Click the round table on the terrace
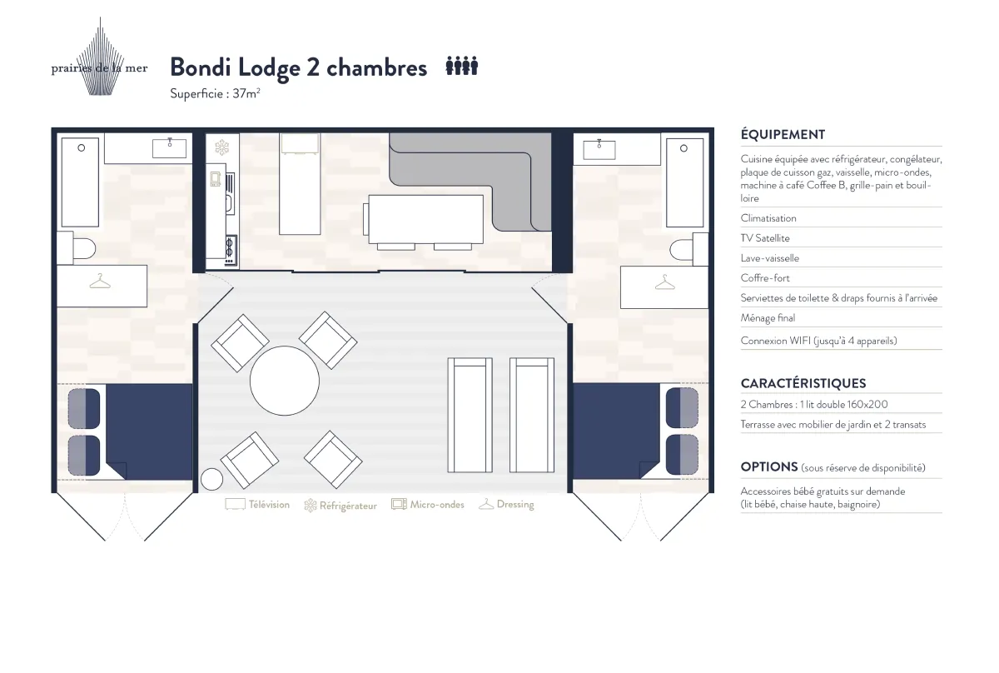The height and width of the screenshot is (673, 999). pos(285,381)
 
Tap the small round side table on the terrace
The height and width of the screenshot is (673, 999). pos(211,479)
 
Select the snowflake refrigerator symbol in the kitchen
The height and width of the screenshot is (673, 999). pos(221,147)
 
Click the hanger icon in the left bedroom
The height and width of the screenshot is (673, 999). pos(100,282)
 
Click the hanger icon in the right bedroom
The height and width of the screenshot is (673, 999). pos(665,282)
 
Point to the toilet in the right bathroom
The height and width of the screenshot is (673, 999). pos(688,250)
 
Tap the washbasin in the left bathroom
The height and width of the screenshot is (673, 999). pos(170,148)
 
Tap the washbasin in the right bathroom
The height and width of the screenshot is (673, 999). pos(599,149)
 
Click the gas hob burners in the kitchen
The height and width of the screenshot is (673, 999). pos(230,250)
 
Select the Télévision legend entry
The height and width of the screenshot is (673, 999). pos(257,504)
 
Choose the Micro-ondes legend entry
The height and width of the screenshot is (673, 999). pos(428,504)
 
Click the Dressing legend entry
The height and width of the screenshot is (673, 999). pos(506,504)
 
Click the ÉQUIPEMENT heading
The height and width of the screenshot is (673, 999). pos(783,134)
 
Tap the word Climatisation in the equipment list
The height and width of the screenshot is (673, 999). pos(768,218)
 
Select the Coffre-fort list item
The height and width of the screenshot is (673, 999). pos(765,278)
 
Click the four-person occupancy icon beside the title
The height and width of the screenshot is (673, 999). pos(462,66)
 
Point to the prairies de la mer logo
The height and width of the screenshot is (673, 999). pos(99,58)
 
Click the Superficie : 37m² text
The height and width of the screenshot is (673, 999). pos(215,93)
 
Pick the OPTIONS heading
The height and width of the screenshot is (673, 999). pos(769,466)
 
